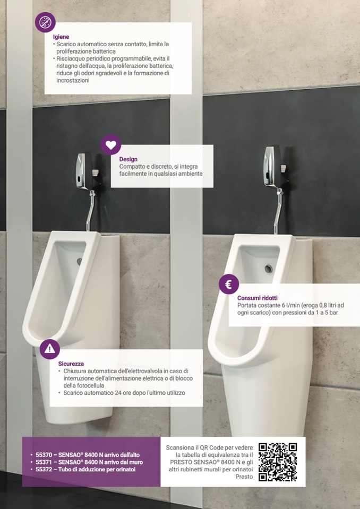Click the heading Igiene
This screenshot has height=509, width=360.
tap(61, 37)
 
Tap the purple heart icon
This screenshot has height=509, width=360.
tap(110, 145)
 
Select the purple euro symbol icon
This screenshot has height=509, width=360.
tap(228, 284)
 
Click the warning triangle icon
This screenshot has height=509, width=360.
tap(50, 349)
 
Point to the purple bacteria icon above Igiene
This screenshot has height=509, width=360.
tap(45, 22)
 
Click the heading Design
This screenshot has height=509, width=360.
tap(128, 159)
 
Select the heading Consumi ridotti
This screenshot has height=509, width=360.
tap(258, 298)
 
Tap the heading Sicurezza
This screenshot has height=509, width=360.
tap(71, 364)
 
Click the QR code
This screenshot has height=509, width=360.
tap(278, 462)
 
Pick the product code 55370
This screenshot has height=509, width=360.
tap(43, 455)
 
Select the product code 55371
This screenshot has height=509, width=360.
tap(43, 462)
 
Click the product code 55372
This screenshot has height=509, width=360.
tap(43, 469)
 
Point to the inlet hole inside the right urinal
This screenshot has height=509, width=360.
tap(269, 269)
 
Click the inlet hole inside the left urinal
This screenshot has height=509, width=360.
tap(80, 261)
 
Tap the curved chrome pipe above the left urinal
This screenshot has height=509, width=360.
tap(91, 211)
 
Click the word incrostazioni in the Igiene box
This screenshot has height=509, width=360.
tap(73, 80)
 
